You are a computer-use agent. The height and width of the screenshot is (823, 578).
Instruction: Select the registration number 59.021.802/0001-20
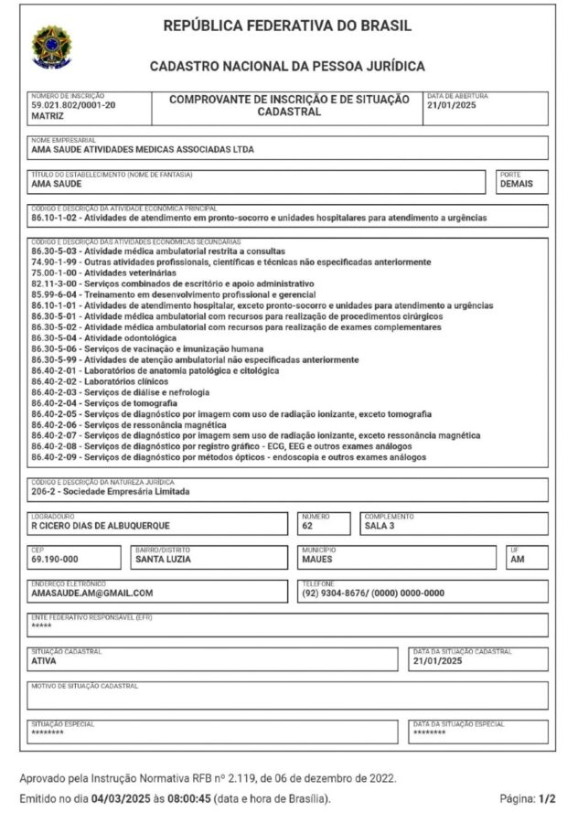click(x=74, y=106)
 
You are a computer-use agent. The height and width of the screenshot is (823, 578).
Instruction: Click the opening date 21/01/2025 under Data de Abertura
click(x=454, y=105)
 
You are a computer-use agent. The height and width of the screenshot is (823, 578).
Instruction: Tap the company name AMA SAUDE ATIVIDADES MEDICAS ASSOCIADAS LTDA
click(x=143, y=150)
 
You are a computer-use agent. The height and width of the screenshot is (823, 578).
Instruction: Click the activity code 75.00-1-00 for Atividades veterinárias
click(x=56, y=273)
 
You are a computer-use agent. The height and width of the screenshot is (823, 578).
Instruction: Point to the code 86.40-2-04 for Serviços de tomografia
click(x=56, y=403)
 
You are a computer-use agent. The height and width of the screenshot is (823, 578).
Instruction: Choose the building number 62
click(x=307, y=526)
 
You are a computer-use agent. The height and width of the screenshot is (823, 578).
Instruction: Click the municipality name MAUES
click(x=316, y=560)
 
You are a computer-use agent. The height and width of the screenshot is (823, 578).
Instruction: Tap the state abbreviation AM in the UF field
click(x=518, y=560)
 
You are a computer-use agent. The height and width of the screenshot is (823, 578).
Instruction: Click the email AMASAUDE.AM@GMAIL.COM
click(x=91, y=593)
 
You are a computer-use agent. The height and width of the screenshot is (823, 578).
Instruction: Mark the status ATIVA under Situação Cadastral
click(x=44, y=660)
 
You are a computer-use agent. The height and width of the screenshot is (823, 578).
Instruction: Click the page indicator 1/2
click(x=548, y=798)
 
